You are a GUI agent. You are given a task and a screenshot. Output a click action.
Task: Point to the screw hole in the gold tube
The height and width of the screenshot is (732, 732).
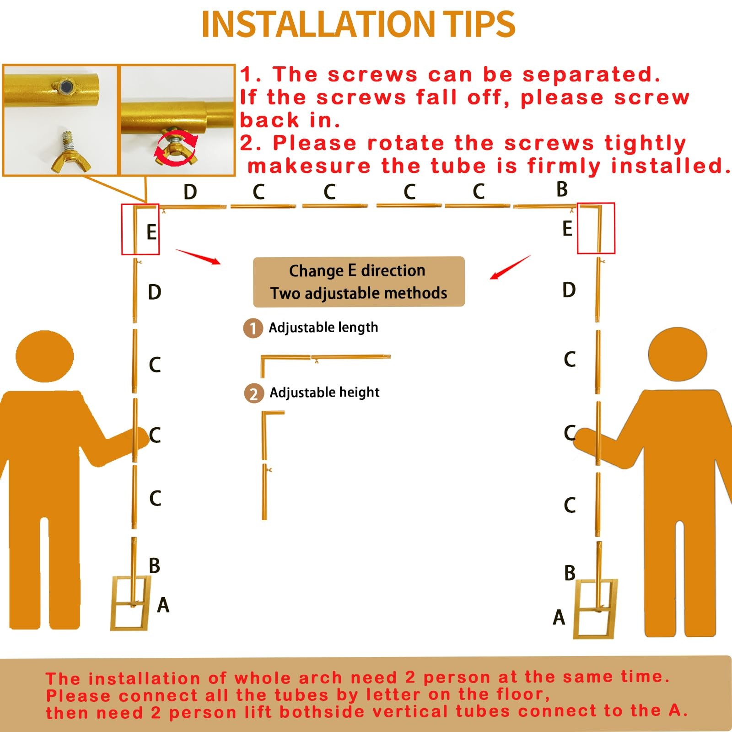pyautogui.click(x=66, y=86)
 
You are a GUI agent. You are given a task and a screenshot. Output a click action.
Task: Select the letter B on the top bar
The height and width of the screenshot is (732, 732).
pyautogui.click(x=562, y=189)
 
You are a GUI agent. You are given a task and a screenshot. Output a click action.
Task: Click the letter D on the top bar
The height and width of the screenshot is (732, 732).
pyautogui.click(x=190, y=192)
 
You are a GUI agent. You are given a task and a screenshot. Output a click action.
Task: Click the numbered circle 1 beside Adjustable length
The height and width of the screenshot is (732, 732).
pyautogui.click(x=253, y=328)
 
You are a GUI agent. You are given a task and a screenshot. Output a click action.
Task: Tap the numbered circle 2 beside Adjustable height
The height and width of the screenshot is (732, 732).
pyautogui.click(x=254, y=393)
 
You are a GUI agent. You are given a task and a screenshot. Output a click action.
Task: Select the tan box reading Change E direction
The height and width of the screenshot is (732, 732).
pyautogui.click(x=359, y=281)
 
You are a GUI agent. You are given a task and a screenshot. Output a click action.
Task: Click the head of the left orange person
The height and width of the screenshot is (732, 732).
pyautogui.click(x=44, y=356)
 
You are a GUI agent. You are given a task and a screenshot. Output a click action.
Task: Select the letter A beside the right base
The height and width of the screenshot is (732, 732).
pyautogui.click(x=559, y=617)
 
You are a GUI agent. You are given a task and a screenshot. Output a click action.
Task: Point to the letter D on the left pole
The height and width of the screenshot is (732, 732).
pyautogui.click(x=155, y=292)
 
